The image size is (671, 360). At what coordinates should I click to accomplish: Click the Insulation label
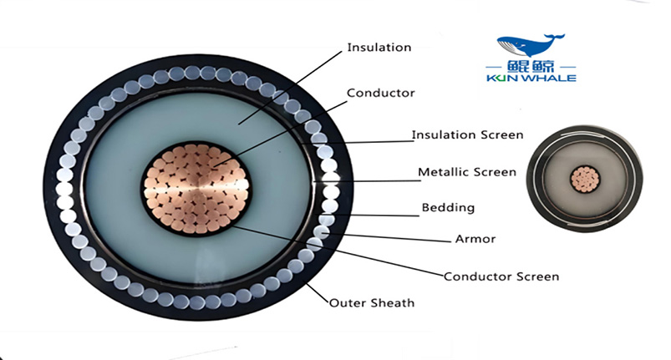[379, 48]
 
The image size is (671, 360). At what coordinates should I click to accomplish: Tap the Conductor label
[379, 93]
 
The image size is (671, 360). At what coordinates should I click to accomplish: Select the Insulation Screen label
[467, 134]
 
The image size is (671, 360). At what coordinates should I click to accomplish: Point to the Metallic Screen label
[466, 173]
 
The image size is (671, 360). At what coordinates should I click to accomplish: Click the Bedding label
[448, 207]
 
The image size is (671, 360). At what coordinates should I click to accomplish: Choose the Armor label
[475, 239]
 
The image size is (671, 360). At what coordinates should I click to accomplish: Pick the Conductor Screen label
[501, 276]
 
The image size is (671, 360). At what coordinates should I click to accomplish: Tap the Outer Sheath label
[372, 302]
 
